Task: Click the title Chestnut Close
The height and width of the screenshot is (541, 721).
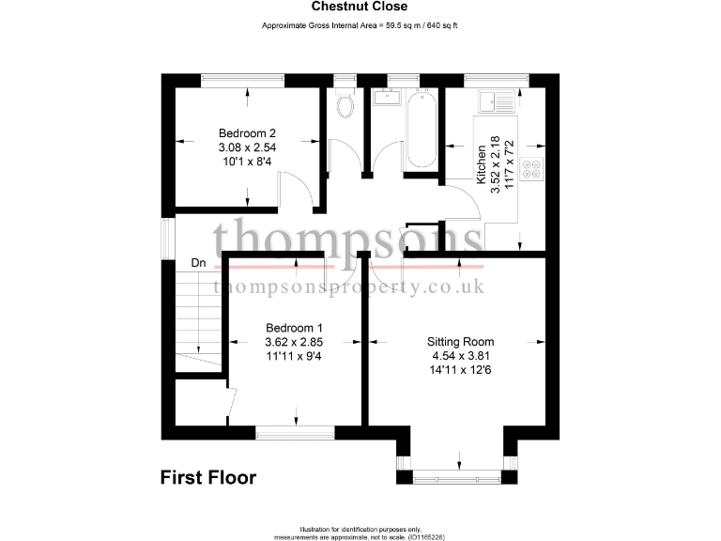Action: point(360,7)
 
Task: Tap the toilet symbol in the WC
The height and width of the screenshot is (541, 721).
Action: point(345,105)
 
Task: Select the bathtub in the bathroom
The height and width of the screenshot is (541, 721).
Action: point(418,130)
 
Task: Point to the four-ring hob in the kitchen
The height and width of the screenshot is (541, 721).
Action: point(531,170)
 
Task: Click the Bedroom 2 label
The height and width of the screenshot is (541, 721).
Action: point(247,133)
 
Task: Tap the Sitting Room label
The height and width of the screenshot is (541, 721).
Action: point(460,342)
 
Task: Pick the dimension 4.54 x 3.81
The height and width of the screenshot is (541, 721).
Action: point(460,356)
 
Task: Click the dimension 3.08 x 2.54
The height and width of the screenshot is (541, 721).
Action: point(247,147)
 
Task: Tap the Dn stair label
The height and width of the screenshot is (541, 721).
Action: point(199,263)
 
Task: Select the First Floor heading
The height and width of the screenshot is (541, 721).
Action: point(207,478)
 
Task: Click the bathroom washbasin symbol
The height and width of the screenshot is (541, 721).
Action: point(387,98)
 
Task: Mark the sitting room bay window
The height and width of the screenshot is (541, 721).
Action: point(459,477)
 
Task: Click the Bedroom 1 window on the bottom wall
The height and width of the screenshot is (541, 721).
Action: point(296,433)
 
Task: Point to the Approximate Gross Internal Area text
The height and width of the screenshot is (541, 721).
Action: point(360,25)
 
